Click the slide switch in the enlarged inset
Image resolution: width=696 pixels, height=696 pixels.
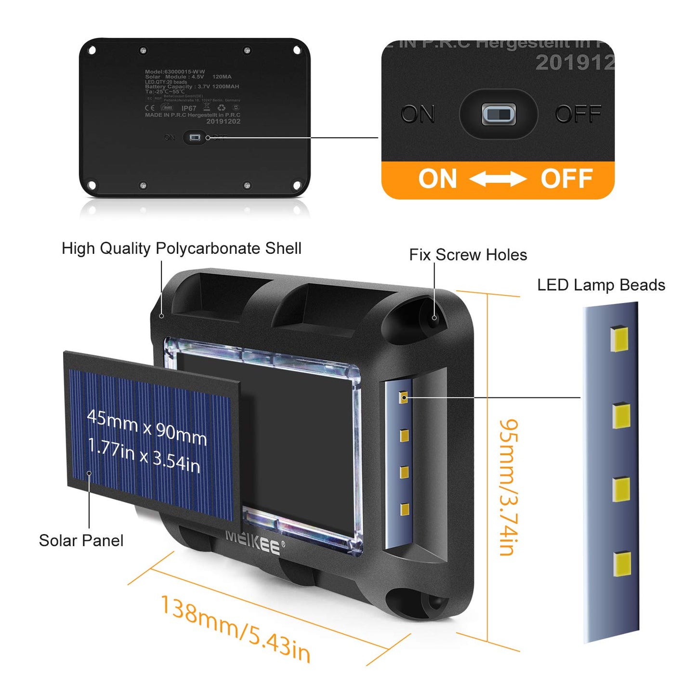coord(499,114)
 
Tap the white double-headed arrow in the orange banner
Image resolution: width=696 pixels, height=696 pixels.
coord(498,179)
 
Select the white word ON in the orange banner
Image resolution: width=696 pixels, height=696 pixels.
coord(437,179)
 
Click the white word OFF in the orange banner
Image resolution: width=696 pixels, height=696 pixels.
coord(566,179)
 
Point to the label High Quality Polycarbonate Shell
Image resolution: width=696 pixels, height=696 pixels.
coord(181,249)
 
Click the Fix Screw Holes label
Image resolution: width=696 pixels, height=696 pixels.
coord(468,255)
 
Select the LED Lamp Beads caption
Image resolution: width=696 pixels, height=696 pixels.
coord(601,285)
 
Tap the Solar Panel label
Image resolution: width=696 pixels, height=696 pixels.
coord(81,540)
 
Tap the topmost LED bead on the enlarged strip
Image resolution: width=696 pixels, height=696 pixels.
coord(619,339)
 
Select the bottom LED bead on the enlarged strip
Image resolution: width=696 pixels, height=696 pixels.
coord(622,564)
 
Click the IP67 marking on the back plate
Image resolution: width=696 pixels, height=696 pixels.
coord(189,108)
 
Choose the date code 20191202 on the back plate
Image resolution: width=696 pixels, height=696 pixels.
coord(223,121)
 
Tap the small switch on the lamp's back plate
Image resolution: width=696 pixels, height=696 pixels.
coord(195,138)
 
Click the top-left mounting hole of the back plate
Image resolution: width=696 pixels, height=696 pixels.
coord(92,50)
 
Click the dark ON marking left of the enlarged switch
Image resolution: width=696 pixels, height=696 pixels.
coord(417,115)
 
